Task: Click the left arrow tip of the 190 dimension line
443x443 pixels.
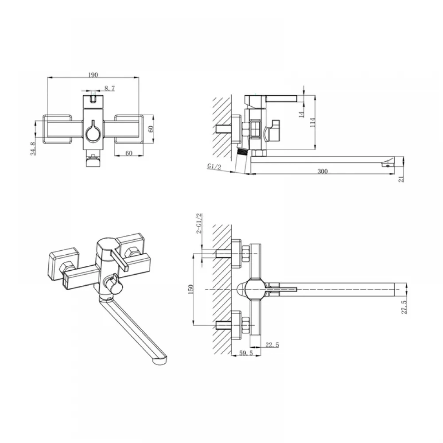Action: pos(47,78)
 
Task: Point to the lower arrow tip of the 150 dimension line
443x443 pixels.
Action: pos(193,325)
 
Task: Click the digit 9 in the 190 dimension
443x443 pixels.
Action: pos(93,75)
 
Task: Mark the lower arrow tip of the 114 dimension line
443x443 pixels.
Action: pos(315,149)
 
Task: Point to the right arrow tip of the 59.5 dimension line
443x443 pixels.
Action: pos(261,355)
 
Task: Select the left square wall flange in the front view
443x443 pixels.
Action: pos(57,129)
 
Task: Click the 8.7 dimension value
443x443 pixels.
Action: pos(109,89)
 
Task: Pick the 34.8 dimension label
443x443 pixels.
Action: pos(33,148)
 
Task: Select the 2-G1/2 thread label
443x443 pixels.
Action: pos(199,223)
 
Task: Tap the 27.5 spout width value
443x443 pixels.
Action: pos(404,307)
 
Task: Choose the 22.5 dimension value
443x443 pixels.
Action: pos(272,345)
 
